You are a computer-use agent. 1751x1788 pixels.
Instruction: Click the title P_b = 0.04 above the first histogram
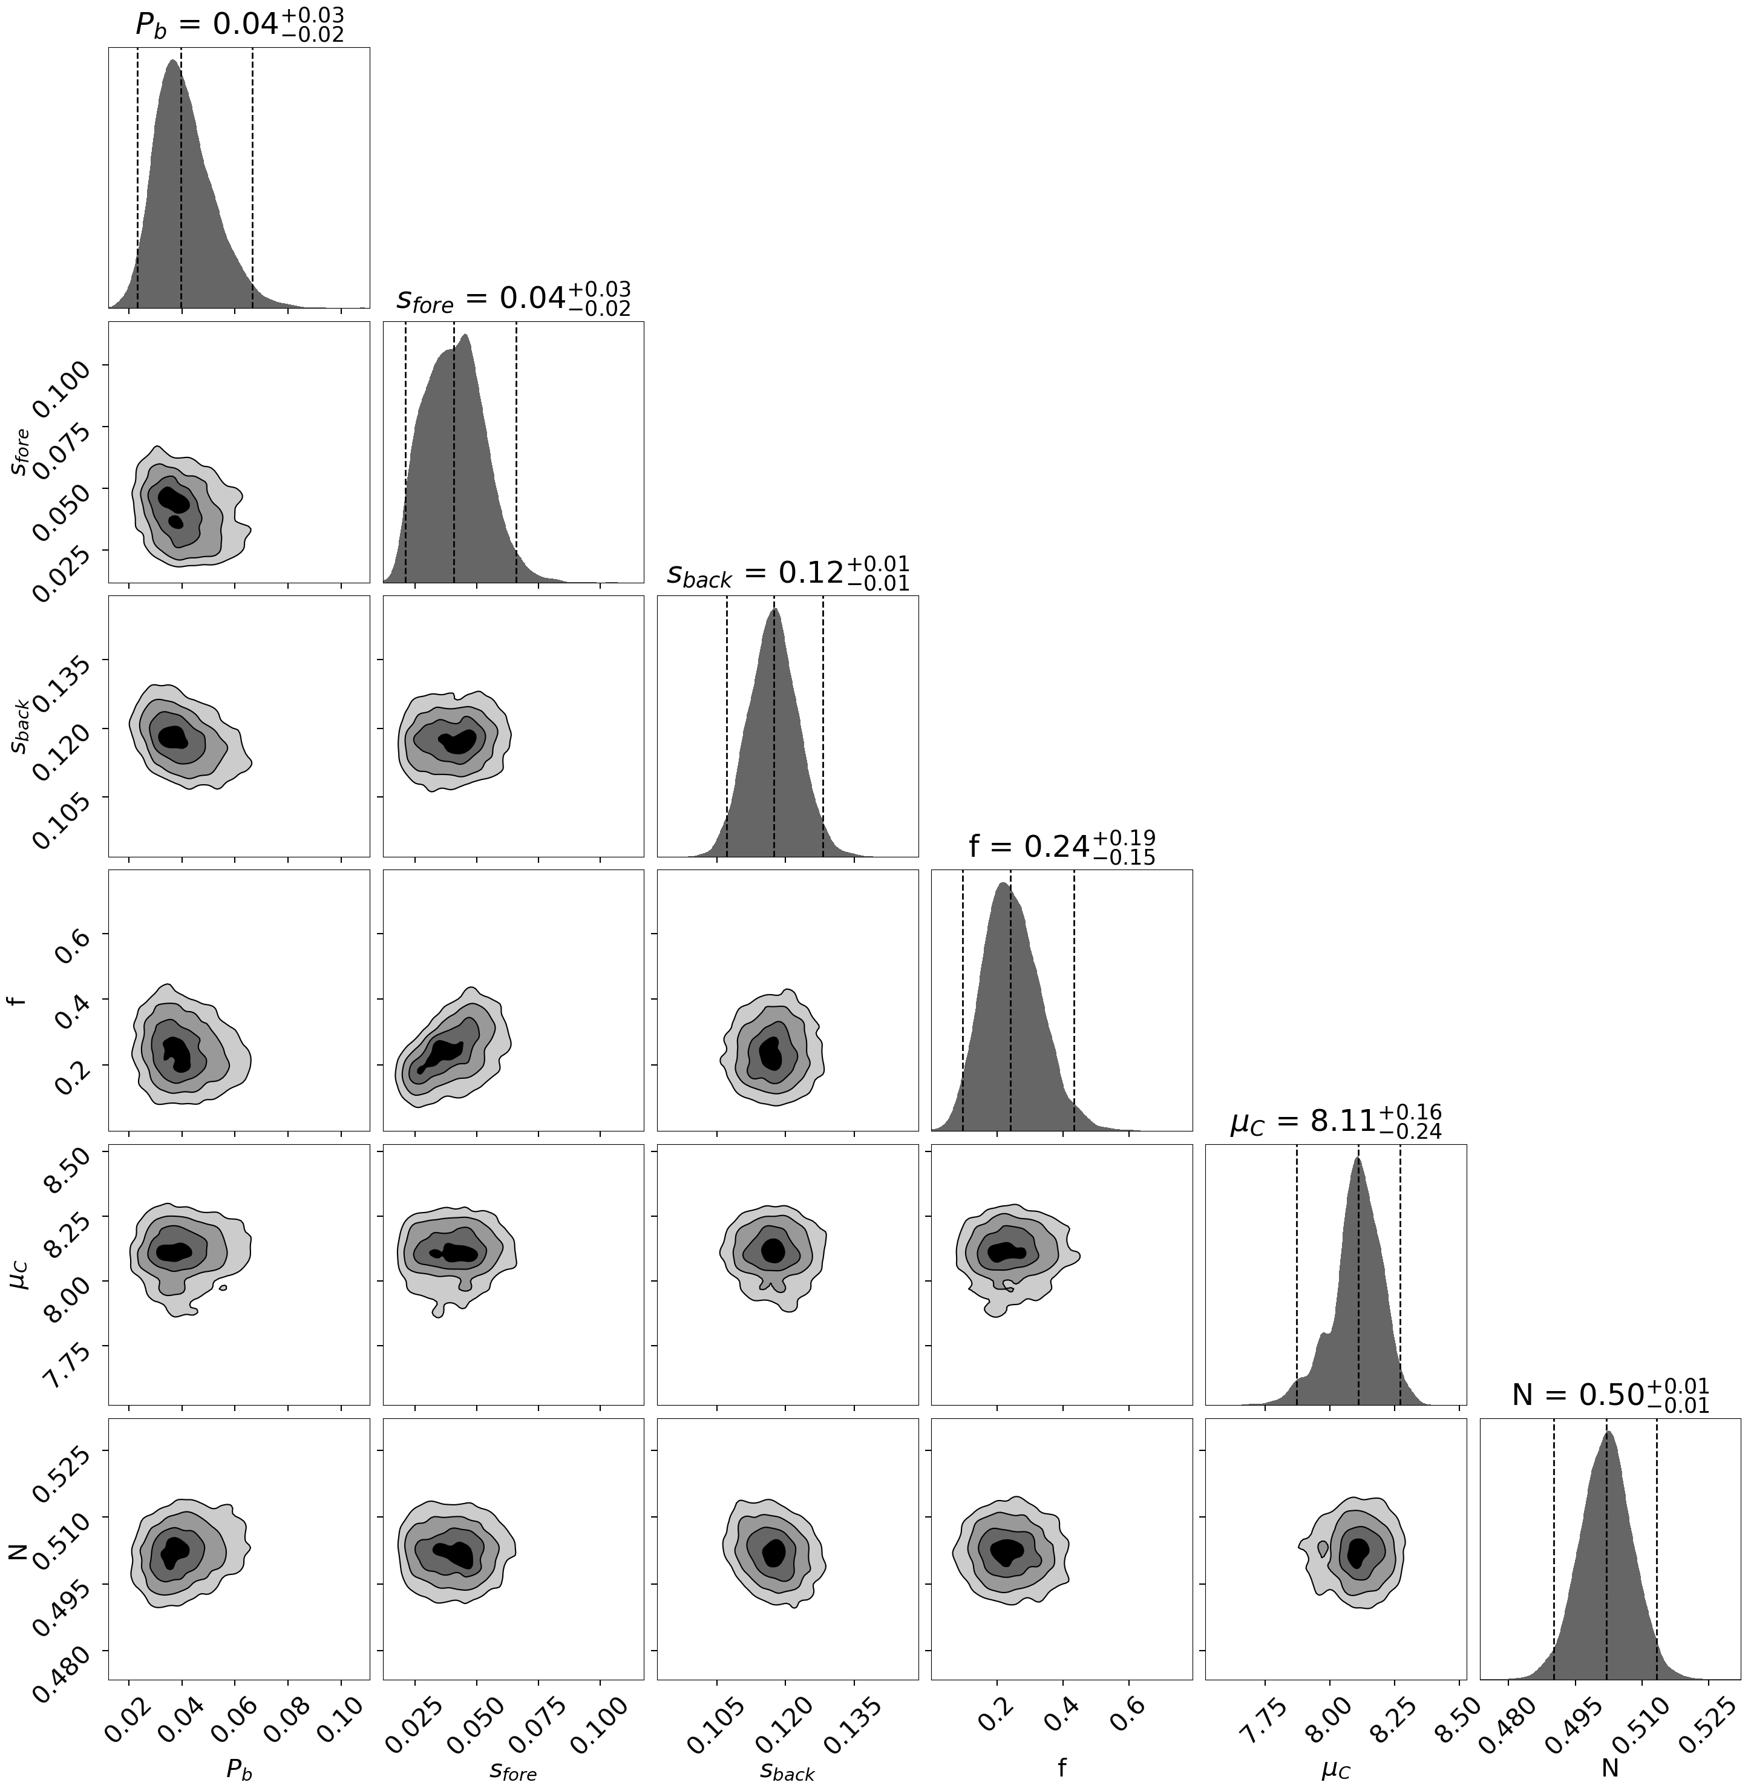click(239, 25)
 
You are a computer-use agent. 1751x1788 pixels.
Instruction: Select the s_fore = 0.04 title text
click(513, 299)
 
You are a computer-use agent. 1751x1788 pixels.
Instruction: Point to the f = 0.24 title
click(1061, 847)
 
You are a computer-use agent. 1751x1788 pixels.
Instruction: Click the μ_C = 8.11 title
click(1335, 1121)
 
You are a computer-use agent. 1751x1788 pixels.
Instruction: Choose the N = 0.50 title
click(1610, 1395)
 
